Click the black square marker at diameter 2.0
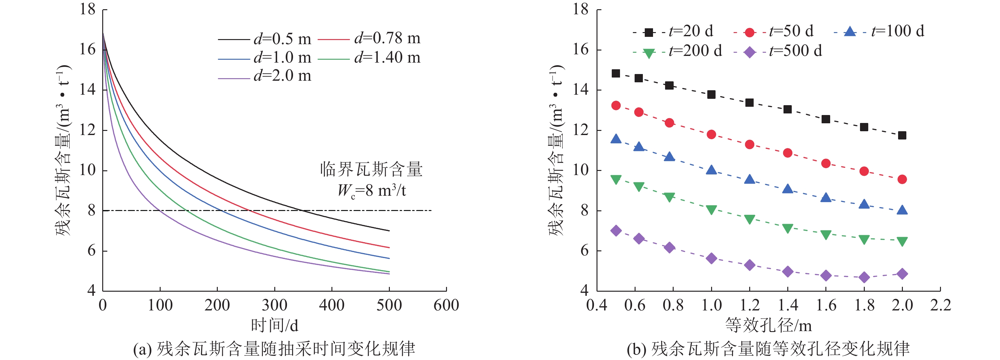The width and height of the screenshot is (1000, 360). click(x=902, y=135)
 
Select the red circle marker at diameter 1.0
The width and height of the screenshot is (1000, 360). click(x=711, y=134)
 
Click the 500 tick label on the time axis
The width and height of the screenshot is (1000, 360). click(x=389, y=305)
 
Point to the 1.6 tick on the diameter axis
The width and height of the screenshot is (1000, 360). click(x=826, y=305)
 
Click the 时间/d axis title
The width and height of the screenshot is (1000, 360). click(x=275, y=325)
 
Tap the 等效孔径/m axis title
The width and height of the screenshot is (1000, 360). click(x=768, y=325)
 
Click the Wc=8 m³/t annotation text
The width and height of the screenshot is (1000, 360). click(x=371, y=191)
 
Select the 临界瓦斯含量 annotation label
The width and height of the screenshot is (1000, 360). click(x=371, y=170)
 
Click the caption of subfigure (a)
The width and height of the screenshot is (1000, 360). click(x=274, y=349)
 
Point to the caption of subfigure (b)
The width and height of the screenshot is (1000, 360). click(x=768, y=349)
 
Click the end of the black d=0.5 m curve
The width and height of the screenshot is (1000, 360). click(x=389, y=231)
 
